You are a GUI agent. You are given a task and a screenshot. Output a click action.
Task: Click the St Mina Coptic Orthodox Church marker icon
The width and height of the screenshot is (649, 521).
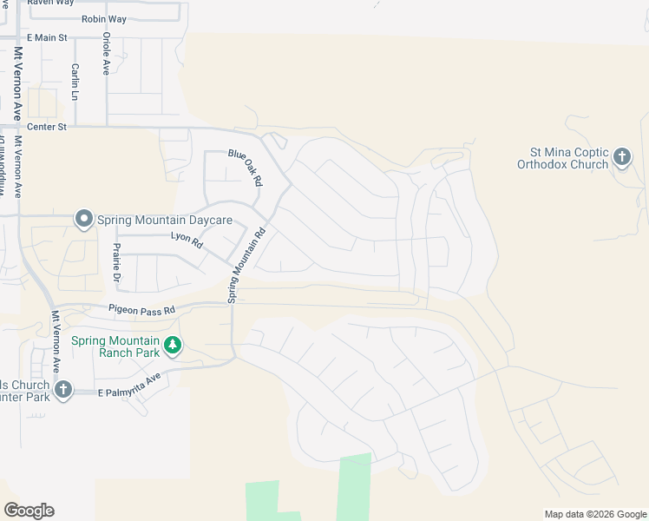point(621,157)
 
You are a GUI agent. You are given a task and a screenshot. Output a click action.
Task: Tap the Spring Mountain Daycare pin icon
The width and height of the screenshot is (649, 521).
point(83,218)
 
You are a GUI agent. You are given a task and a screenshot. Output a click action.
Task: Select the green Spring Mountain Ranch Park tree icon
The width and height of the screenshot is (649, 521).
point(173,346)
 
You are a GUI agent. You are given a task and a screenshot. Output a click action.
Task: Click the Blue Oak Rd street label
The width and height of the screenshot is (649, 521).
point(245,168)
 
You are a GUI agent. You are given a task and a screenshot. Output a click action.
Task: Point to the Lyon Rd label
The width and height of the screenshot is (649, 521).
point(187,241)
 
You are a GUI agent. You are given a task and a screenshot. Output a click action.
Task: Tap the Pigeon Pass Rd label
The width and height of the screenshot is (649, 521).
point(141,309)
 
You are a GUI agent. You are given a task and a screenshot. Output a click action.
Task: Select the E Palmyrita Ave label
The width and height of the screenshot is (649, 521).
point(129,386)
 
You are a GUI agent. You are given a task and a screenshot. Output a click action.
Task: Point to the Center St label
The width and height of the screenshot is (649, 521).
point(47,127)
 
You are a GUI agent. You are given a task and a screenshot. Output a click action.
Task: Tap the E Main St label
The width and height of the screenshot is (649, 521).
point(47,37)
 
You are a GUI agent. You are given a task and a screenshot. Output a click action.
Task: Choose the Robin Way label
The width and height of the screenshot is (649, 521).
point(103,19)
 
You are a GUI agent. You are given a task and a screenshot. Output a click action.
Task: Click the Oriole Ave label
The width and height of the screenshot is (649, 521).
point(106,54)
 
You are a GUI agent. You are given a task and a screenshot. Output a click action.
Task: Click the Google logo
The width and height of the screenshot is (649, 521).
point(29,511)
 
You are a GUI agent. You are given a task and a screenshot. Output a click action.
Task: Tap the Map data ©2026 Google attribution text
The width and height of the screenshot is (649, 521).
point(595,514)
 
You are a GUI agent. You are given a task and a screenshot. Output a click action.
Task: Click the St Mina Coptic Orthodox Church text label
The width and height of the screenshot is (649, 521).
point(562,157)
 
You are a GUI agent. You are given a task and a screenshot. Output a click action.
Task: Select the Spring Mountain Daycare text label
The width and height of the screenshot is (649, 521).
point(165,220)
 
